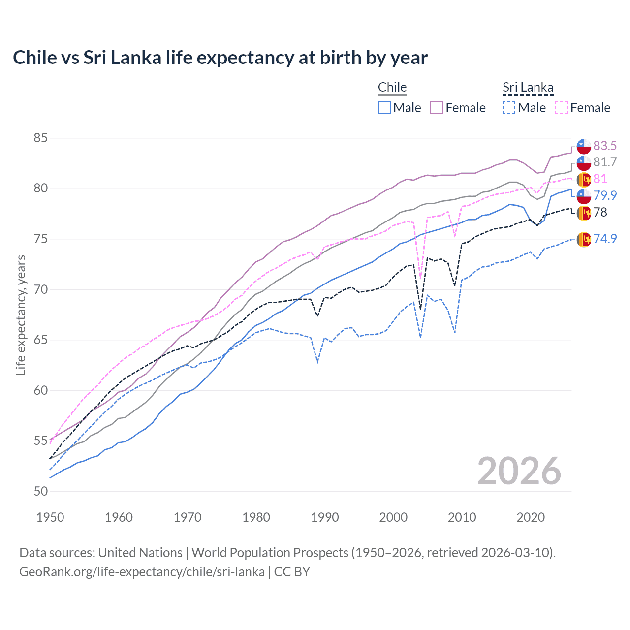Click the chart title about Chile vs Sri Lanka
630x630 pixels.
[x=220, y=58]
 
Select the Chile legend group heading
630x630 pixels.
[x=392, y=87]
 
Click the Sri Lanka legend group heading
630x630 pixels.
[x=528, y=87]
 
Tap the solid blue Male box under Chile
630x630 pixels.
[x=384, y=108]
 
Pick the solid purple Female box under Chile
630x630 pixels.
[x=437, y=108]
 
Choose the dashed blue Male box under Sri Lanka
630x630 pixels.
[x=509, y=108]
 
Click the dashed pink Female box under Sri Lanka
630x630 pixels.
[x=562, y=108]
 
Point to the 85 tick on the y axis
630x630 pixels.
[x=40, y=138]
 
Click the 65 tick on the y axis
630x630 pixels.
[x=40, y=340]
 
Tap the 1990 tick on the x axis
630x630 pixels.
[x=325, y=517]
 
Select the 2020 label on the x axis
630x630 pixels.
[x=531, y=517]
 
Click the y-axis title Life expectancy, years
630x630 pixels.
[x=21, y=315]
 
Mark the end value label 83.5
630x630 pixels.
[x=605, y=146]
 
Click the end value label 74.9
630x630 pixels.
[x=605, y=239]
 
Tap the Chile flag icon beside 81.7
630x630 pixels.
[x=584, y=162]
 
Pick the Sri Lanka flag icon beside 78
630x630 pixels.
[x=584, y=213]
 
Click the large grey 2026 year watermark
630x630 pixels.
[x=519, y=471]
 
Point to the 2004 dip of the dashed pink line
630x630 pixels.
[x=420, y=279]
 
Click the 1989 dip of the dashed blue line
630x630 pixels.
[x=318, y=362]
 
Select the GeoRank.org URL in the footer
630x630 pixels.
[x=142, y=572]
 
